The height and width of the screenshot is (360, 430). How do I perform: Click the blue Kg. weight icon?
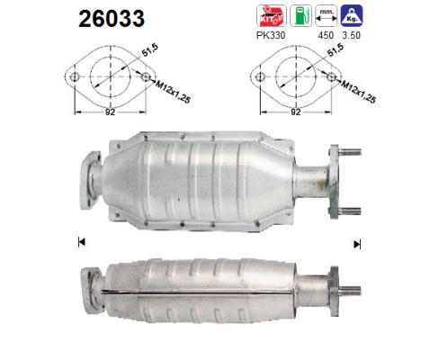click(351, 15)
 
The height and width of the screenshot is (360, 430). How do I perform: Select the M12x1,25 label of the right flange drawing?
click(356, 89)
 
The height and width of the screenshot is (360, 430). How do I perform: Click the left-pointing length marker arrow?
click(82, 241)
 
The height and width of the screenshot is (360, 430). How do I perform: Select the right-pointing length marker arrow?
click(357, 243)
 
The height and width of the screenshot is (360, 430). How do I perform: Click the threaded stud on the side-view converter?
click(350, 290)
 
